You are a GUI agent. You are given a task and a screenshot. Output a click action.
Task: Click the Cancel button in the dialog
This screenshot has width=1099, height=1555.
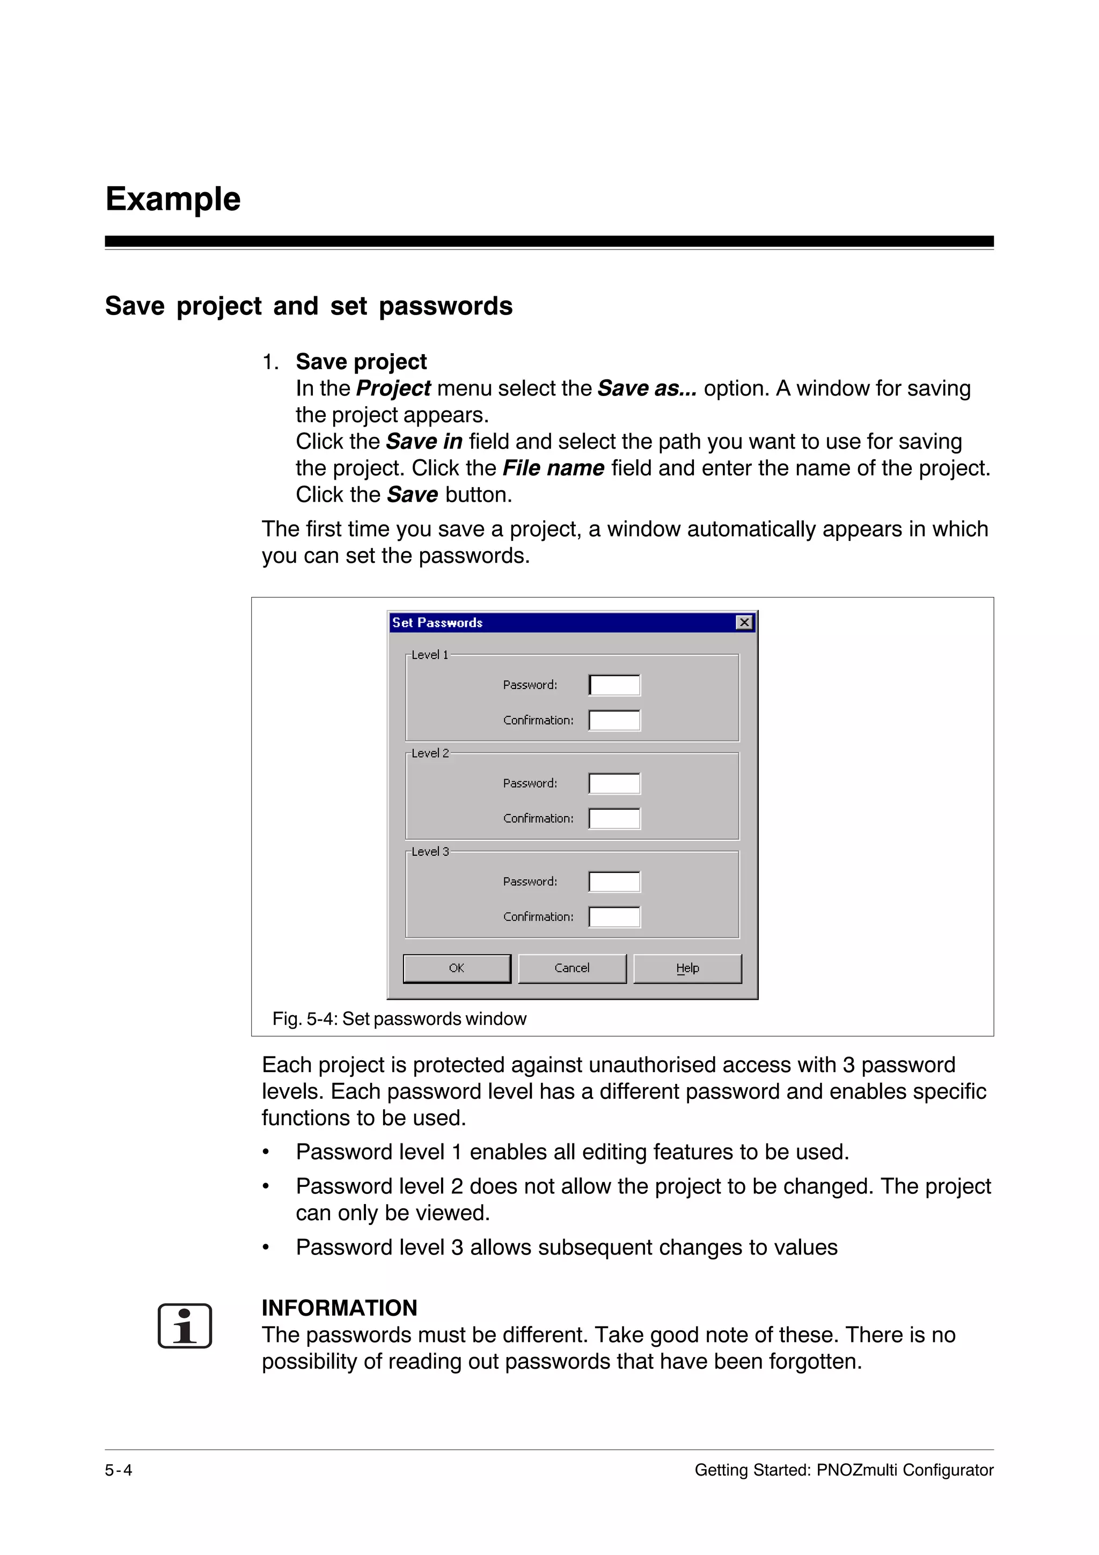[572, 968]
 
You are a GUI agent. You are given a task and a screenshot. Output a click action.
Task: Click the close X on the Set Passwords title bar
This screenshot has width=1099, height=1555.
[744, 622]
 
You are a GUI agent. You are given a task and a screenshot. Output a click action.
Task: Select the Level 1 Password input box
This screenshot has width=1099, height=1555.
[614, 685]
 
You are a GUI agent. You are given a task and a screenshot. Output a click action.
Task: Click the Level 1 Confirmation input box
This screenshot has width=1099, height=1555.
[614, 720]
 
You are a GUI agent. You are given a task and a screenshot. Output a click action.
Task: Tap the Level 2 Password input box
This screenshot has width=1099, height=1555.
[614, 783]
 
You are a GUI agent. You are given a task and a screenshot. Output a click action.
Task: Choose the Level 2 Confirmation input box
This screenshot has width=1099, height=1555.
[614, 818]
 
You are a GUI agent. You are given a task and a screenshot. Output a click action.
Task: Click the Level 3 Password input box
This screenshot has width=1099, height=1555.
[614, 882]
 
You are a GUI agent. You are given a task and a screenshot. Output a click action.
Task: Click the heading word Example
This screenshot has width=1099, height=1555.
[173, 199]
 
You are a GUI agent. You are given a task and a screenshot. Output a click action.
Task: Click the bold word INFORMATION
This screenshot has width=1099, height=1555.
[339, 1308]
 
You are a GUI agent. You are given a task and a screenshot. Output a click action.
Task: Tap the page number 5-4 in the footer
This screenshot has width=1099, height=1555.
[119, 1470]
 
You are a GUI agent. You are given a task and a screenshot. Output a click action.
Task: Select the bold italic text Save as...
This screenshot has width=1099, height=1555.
[646, 388]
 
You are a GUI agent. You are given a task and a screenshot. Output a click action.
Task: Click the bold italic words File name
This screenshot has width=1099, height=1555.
[553, 468]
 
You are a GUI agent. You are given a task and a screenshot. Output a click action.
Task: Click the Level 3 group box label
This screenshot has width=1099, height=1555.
[430, 852]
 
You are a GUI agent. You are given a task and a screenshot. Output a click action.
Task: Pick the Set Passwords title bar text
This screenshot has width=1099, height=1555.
[437, 622]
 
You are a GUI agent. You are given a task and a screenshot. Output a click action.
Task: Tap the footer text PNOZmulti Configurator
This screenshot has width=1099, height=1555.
[905, 1470]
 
